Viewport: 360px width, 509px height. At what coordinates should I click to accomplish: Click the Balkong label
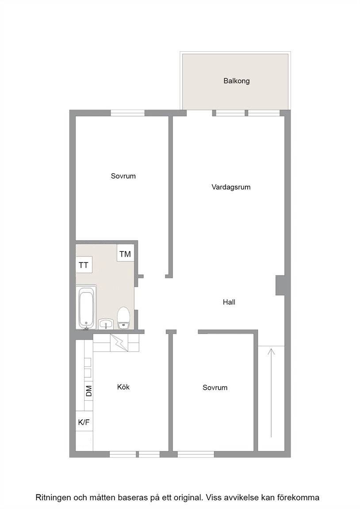pyautogui.click(x=237, y=81)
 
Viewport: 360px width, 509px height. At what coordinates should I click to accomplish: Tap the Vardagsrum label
pyautogui.click(x=231, y=187)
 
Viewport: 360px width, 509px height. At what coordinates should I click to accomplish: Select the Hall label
pyautogui.click(x=229, y=302)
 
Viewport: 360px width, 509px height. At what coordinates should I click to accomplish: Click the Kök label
pyautogui.click(x=123, y=387)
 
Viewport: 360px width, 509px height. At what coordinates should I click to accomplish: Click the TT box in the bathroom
pyautogui.click(x=84, y=265)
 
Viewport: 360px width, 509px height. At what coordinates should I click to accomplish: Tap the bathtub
pyautogui.click(x=87, y=308)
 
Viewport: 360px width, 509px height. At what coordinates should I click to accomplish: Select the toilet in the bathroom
pyautogui.click(x=123, y=318)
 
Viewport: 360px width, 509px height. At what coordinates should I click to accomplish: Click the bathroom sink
pyautogui.click(x=106, y=324)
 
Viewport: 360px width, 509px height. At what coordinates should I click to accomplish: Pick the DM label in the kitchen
pyautogui.click(x=89, y=391)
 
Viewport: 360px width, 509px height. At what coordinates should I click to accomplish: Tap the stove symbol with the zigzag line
pyautogui.click(x=119, y=343)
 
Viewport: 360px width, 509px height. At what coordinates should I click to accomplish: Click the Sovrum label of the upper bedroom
pyautogui.click(x=123, y=176)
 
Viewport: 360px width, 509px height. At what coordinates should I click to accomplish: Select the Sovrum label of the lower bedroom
pyautogui.click(x=215, y=387)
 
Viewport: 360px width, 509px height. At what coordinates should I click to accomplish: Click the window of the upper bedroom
pyautogui.click(x=127, y=113)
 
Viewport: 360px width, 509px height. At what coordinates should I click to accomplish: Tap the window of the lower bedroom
pyautogui.click(x=196, y=454)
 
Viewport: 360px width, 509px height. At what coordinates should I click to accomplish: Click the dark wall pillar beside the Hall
pyautogui.click(x=280, y=285)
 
